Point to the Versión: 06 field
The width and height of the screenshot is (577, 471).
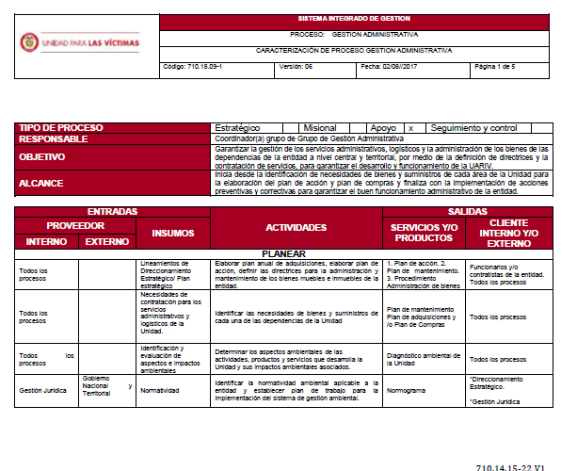click(x=296, y=69)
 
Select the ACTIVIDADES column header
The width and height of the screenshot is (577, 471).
click(x=296, y=227)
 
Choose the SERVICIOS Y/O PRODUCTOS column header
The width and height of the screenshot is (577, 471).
click(x=423, y=232)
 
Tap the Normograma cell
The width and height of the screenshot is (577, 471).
click(x=406, y=389)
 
